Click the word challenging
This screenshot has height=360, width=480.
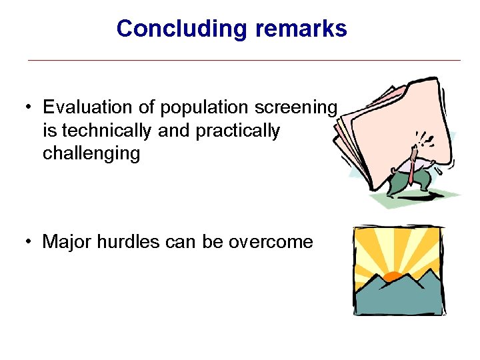point(91,154)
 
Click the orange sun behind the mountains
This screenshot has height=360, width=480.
point(393,275)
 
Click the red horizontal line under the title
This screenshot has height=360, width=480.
point(243,61)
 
